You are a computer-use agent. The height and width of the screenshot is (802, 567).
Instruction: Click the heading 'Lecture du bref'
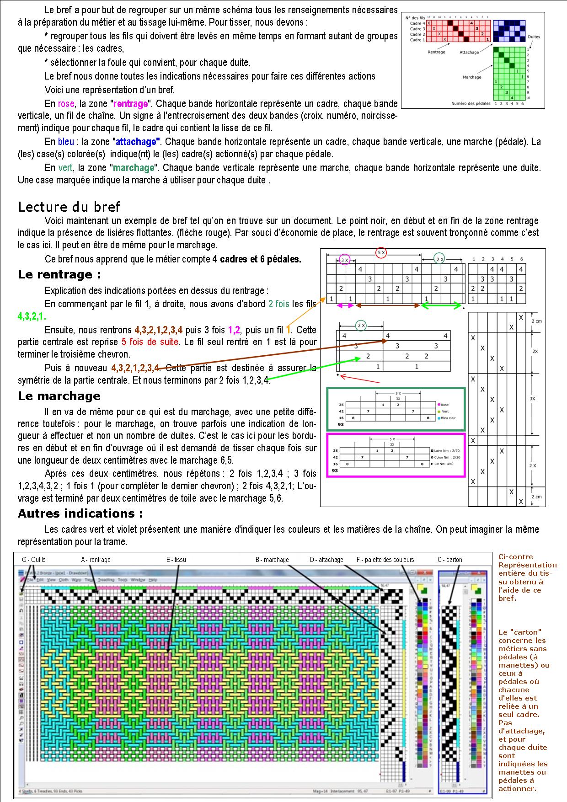[69, 207]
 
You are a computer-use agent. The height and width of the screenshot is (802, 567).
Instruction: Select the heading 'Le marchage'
[59, 396]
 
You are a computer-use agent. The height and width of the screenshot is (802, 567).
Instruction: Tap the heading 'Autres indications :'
[80, 513]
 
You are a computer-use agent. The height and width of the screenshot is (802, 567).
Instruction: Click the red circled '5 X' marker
[381, 252]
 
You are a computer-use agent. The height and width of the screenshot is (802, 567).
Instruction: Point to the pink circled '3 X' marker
[345, 260]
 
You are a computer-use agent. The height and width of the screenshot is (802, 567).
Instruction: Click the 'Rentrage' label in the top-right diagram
[436, 52]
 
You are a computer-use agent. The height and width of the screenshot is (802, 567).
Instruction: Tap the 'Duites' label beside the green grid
[534, 37]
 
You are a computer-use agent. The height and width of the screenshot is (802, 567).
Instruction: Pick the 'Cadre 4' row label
[417, 23]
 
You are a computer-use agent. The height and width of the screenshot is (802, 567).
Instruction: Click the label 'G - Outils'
[33, 560]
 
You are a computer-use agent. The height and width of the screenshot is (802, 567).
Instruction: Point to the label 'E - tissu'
[176, 560]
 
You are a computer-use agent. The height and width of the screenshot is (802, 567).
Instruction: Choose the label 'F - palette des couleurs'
[385, 560]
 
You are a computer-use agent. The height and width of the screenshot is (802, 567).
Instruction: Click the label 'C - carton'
[449, 560]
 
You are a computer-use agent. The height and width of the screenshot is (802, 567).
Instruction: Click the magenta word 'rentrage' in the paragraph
[130, 103]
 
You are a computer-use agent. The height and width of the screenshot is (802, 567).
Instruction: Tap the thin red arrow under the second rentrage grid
[361, 379]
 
